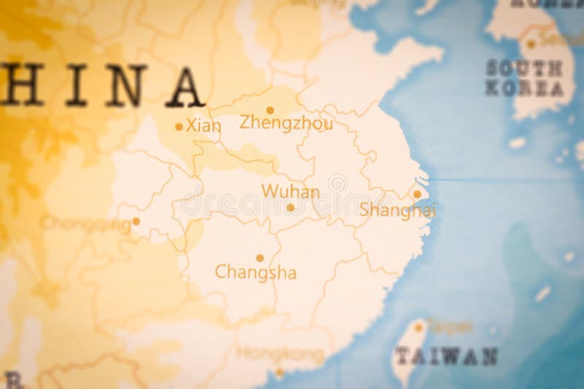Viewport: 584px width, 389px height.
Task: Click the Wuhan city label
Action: click(x=291, y=192)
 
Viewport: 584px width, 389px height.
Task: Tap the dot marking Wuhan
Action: click(x=291, y=208)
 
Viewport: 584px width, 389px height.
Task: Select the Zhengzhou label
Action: click(x=286, y=123)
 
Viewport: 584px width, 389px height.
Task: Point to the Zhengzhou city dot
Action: click(x=269, y=110)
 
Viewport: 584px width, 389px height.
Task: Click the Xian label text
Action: click(x=204, y=126)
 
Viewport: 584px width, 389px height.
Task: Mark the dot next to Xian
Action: click(x=179, y=126)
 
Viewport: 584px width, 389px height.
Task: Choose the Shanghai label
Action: click(x=397, y=210)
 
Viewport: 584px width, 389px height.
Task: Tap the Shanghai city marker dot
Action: click(x=417, y=194)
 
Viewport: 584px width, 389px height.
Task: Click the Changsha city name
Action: click(x=255, y=273)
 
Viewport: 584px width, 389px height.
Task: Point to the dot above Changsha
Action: click(x=259, y=258)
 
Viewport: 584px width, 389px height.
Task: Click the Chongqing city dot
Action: click(x=136, y=221)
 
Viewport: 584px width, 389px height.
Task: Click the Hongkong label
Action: click(x=280, y=355)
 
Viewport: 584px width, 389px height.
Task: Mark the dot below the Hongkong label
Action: click(x=279, y=371)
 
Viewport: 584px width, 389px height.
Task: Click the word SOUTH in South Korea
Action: click(x=524, y=69)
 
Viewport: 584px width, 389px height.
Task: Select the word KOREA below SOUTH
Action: click(x=524, y=89)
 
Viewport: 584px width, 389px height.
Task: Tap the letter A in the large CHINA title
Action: click(x=183, y=88)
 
